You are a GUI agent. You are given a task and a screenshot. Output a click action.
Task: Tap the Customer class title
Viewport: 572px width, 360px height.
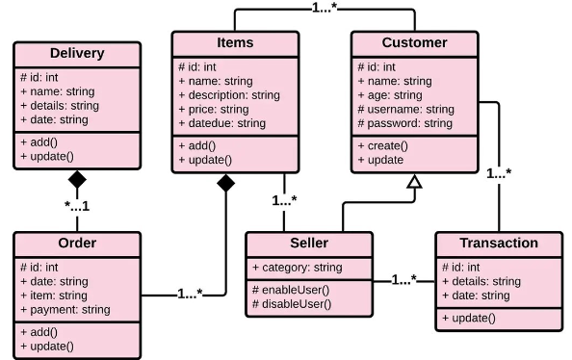tap(414, 43)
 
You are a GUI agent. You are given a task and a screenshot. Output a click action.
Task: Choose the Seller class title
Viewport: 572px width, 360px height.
tap(308, 243)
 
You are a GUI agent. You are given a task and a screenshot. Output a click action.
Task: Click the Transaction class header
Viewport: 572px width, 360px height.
tap(498, 243)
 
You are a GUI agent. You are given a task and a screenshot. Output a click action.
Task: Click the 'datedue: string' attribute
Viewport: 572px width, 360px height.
tap(222, 124)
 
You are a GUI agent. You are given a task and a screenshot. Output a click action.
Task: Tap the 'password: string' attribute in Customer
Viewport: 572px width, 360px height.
tap(404, 124)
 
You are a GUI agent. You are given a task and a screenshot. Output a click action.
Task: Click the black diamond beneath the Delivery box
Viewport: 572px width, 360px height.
tap(77, 180)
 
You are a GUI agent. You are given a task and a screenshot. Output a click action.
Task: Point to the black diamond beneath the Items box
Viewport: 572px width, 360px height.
tap(225, 183)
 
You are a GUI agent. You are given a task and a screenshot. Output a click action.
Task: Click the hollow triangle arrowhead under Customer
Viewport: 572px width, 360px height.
tap(414, 182)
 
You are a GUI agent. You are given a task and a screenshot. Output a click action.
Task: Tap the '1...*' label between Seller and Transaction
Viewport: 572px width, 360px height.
tap(403, 280)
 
